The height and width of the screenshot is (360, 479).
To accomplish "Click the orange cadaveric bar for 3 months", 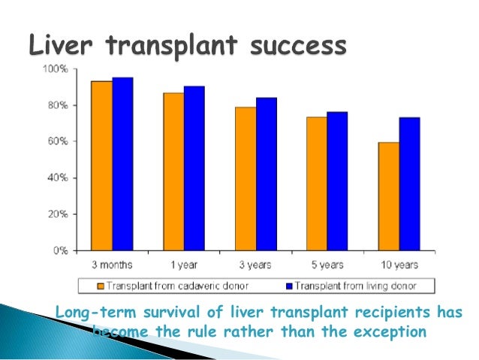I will tap(102, 165).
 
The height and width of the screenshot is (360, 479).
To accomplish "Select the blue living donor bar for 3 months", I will tap(122, 164).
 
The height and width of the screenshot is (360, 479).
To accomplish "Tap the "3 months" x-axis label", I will tap(113, 265).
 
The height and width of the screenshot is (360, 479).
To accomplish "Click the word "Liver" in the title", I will tap(60, 46).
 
